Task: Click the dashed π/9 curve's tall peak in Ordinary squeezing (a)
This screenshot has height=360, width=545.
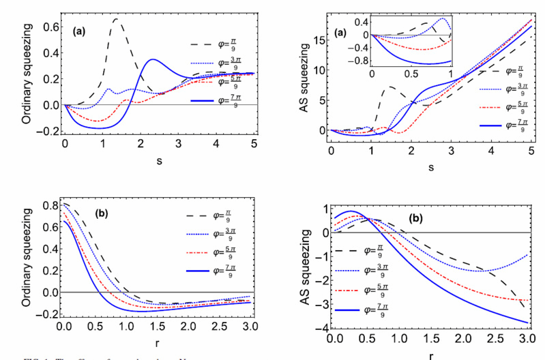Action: (117, 19)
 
